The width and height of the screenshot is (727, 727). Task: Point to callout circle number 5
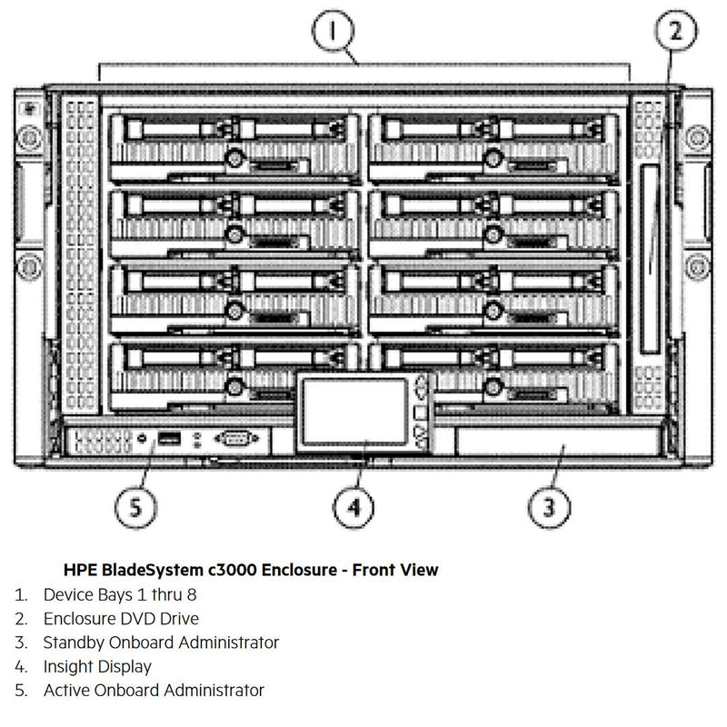pos(134,505)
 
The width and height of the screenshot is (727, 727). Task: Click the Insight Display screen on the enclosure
pos(355,411)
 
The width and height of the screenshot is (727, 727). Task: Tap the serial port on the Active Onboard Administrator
pos(234,439)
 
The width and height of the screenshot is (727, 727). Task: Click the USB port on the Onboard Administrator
pos(169,439)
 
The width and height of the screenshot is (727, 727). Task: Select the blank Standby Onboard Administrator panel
pos(554,443)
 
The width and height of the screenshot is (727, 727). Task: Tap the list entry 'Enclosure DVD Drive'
pos(121,619)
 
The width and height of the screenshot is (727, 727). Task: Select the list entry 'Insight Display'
pos(97,666)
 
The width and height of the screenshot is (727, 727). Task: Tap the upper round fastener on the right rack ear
pos(698,138)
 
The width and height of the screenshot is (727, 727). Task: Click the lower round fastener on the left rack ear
pos(28,268)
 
